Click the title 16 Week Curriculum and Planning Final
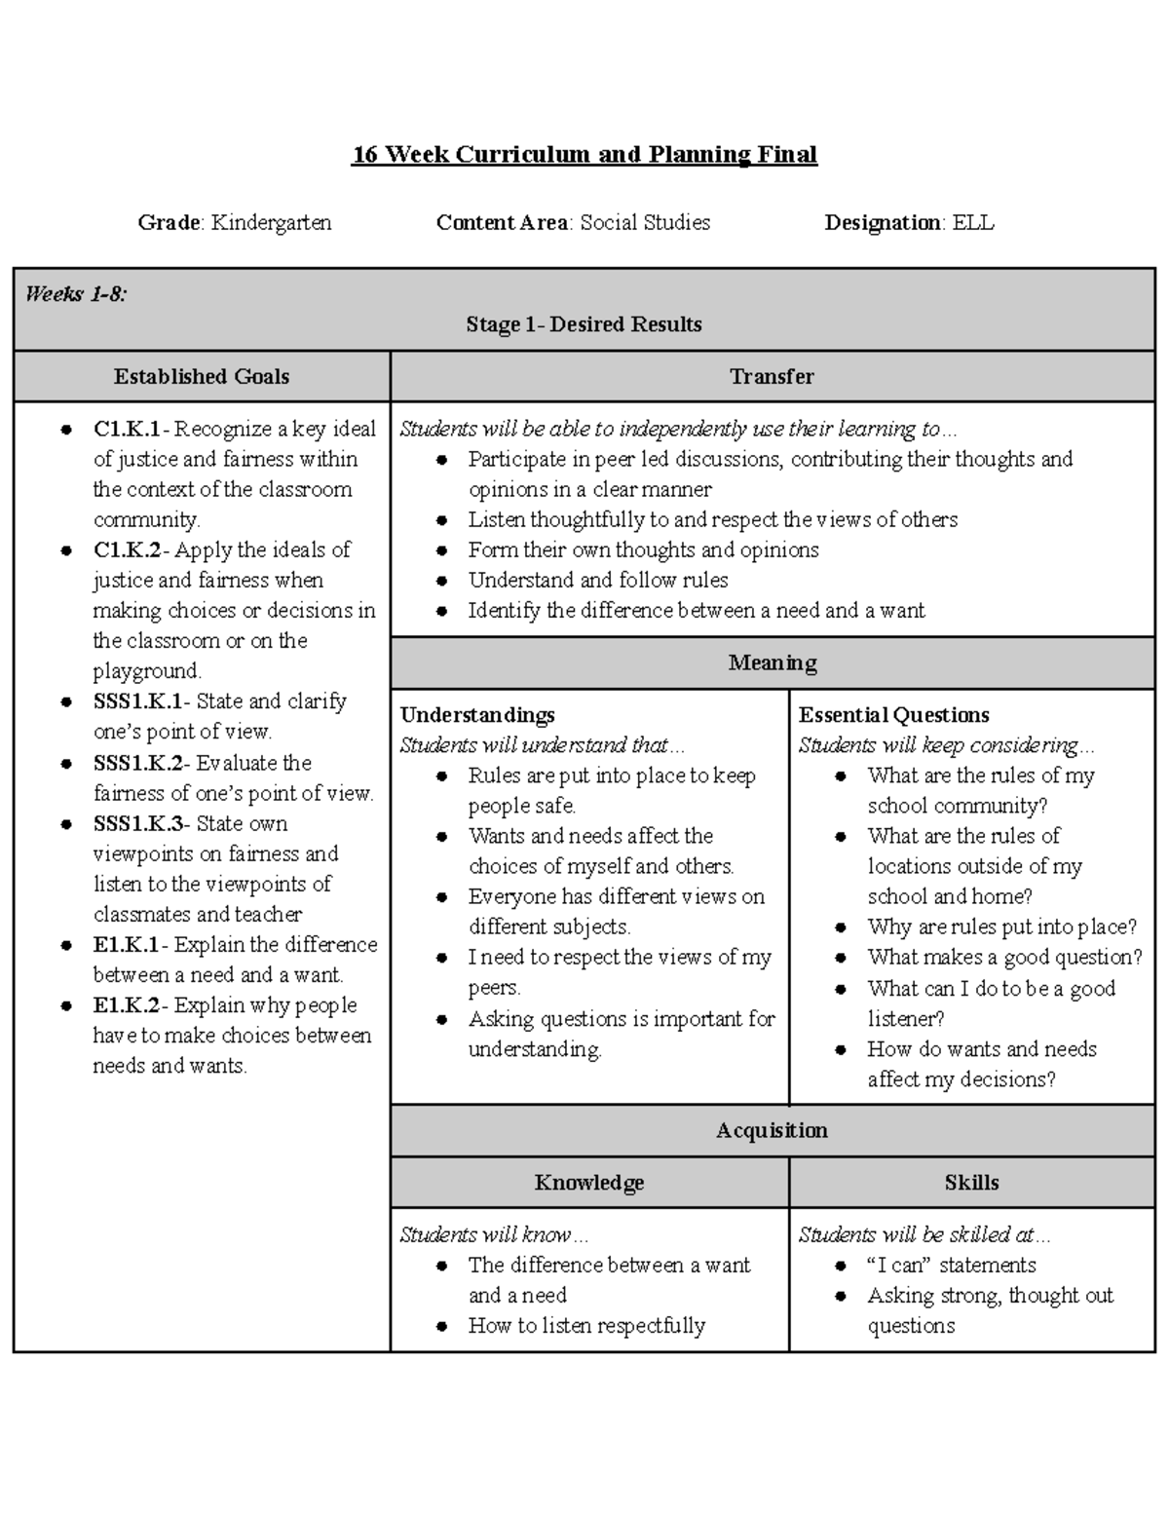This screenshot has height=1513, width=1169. (584, 155)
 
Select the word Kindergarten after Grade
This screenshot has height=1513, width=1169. (272, 223)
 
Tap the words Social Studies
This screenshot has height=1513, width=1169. (645, 223)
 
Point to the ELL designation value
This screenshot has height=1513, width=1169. (973, 223)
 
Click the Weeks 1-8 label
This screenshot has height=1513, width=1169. (76, 294)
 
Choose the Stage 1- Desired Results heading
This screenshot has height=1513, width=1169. (584, 324)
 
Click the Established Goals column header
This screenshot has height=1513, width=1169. (202, 377)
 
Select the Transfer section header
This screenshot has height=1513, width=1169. (772, 377)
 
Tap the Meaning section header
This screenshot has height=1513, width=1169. (772, 663)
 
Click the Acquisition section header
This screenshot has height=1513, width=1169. (772, 1131)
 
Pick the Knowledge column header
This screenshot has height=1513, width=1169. (589, 1183)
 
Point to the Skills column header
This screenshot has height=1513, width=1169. (971, 1183)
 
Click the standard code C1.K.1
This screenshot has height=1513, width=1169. (128, 430)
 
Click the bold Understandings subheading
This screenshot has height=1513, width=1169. (477, 715)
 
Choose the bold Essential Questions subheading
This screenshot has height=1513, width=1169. (893, 715)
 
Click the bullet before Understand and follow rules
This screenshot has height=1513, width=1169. (442, 582)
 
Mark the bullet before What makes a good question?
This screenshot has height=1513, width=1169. (842, 959)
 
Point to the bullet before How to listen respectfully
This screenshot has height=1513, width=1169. (442, 1327)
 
